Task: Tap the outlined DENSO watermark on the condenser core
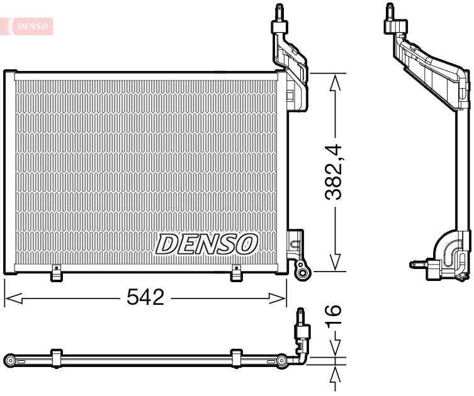coord(207,243)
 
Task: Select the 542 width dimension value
coord(147,297)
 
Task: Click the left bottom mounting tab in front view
coord(56,273)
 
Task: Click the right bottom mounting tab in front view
coord(237,273)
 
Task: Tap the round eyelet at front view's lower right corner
coord(303,272)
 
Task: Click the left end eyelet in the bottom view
coord(10,361)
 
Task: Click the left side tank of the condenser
coord(9,172)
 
